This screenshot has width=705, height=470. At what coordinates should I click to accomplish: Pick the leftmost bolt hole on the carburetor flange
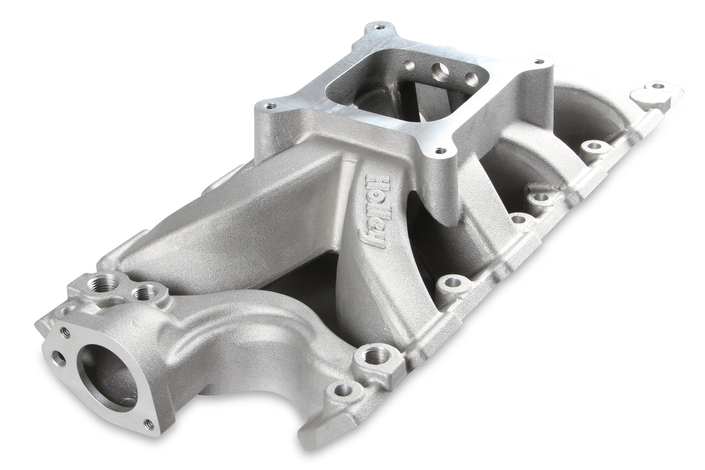coord(271,106)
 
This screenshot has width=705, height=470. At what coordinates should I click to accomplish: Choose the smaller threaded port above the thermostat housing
coord(143,293)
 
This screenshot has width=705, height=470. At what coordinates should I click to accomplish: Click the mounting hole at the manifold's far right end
coord(657,86)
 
